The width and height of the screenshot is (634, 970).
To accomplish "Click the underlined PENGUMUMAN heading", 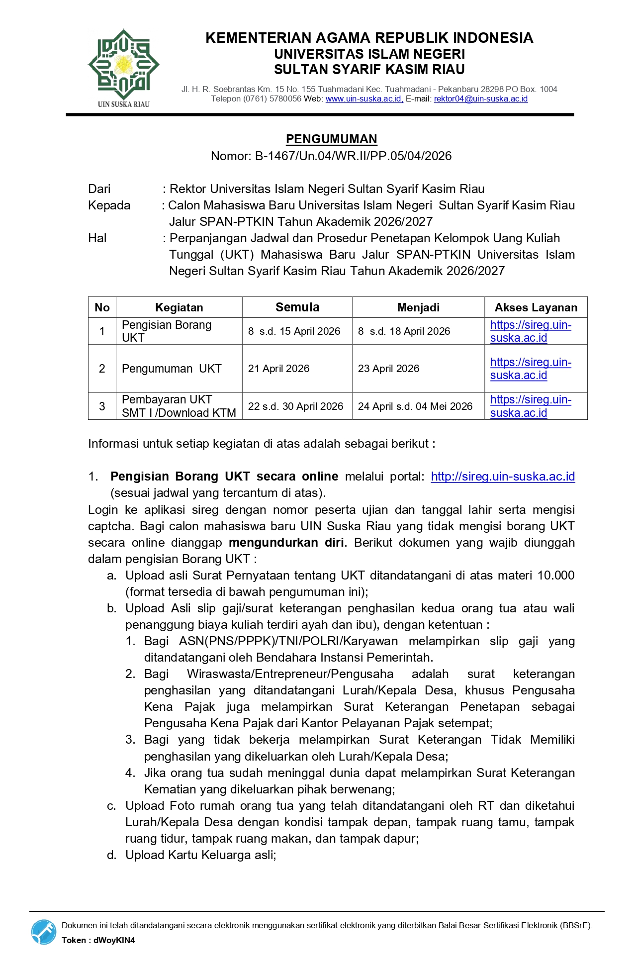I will click(331, 139).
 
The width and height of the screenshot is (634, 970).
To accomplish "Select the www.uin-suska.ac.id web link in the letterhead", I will click(363, 98).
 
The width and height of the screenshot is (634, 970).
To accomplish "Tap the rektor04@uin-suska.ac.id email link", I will click(480, 98).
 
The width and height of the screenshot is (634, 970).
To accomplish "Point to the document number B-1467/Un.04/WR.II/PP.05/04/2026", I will click(353, 156).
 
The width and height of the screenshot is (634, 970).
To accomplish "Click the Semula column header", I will click(297, 307).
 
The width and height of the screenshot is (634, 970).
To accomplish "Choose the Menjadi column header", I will click(418, 307).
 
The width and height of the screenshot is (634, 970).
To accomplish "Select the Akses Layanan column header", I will click(536, 307).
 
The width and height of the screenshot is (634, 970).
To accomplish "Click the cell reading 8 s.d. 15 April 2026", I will click(294, 331).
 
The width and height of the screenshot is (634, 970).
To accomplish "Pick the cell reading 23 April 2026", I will click(388, 369).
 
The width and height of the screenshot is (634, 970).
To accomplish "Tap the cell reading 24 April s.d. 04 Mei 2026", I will click(415, 406).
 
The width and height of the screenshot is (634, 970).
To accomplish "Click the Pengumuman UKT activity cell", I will click(172, 369).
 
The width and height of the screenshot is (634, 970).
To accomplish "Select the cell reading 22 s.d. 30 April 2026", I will click(295, 406).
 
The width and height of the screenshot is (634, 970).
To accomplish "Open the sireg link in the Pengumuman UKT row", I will click(530, 369).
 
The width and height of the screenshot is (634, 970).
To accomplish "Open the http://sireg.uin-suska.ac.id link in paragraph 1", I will click(503, 477).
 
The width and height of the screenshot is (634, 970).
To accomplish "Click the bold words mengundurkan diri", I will click(286, 542).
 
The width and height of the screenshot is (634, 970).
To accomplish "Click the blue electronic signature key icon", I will click(44, 932).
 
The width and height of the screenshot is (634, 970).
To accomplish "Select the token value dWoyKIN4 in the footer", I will click(114, 940).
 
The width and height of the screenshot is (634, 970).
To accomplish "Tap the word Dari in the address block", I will click(99, 189).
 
